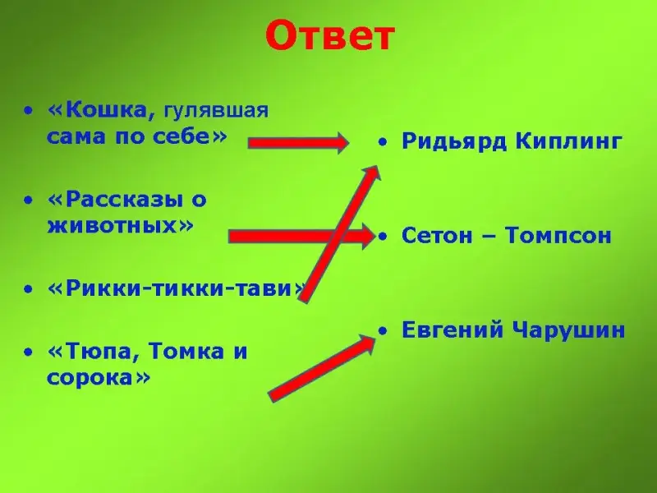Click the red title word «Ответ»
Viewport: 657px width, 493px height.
(x=330, y=36)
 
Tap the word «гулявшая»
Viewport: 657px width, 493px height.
(x=215, y=111)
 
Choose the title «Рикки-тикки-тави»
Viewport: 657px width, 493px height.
(x=177, y=288)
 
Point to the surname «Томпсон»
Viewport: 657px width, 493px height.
(x=558, y=237)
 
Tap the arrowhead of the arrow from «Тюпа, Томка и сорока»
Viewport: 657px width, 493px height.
(x=365, y=343)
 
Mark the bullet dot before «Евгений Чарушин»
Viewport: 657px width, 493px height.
(x=382, y=331)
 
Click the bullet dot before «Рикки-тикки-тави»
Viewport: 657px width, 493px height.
(x=28, y=289)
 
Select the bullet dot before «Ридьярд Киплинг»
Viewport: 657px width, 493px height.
(x=382, y=142)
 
